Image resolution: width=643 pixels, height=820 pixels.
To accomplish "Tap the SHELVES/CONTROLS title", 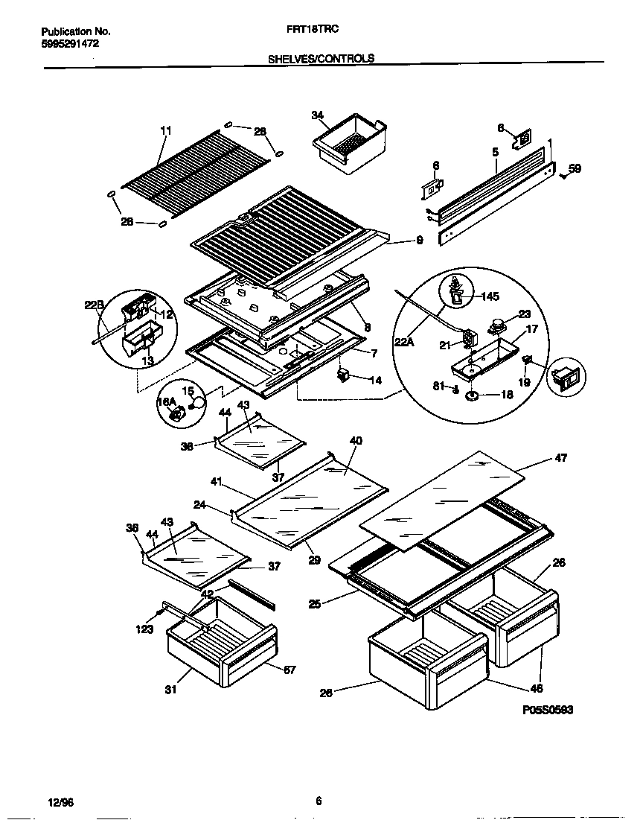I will pyautogui.click(x=321, y=58).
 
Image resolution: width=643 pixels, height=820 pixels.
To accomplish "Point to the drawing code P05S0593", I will pyautogui.click(x=548, y=711).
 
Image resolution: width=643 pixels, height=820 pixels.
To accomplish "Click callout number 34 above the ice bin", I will pyautogui.click(x=318, y=115).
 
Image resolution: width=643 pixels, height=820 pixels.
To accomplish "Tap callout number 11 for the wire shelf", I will pyautogui.click(x=165, y=130).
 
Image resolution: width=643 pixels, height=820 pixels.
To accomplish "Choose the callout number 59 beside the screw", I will pyautogui.click(x=575, y=168).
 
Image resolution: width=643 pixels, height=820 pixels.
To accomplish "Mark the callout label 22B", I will pyautogui.click(x=92, y=305).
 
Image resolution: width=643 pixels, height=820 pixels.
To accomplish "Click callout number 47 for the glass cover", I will pyautogui.click(x=560, y=458).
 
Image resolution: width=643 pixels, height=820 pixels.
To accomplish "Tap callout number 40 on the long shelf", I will pyautogui.click(x=356, y=441).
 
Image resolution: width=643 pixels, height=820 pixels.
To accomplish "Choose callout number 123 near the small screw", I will pyautogui.click(x=144, y=629).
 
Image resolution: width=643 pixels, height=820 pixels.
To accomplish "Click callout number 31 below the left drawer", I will pyautogui.click(x=171, y=690).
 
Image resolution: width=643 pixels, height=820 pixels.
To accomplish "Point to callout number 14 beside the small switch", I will pyautogui.click(x=375, y=380).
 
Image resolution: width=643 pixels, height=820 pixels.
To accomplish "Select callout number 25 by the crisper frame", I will pyautogui.click(x=315, y=604).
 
